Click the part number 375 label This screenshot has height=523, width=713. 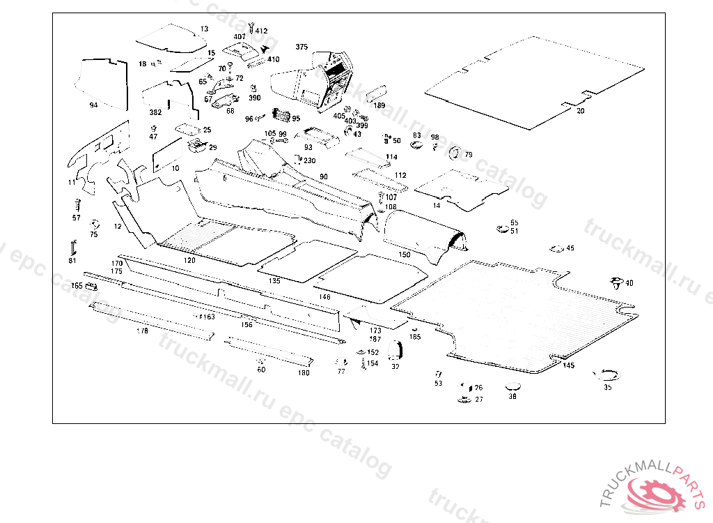click(301, 47)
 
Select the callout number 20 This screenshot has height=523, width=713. click(581, 111)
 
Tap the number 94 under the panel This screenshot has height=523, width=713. click(93, 105)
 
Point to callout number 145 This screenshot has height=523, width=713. click(569, 365)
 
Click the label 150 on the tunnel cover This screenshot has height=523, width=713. click(404, 255)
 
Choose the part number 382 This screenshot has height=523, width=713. click(155, 112)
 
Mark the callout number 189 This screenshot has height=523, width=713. click(379, 105)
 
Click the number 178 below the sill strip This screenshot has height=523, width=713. click(143, 331)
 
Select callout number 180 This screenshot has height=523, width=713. click(304, 373)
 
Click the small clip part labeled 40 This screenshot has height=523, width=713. click(616, 283)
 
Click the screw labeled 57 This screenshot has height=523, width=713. click(77, 205)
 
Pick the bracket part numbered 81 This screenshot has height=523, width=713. click(72, 248)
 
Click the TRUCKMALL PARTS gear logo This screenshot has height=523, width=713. click(656, 490)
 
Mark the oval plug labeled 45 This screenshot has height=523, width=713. click(557, 249)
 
